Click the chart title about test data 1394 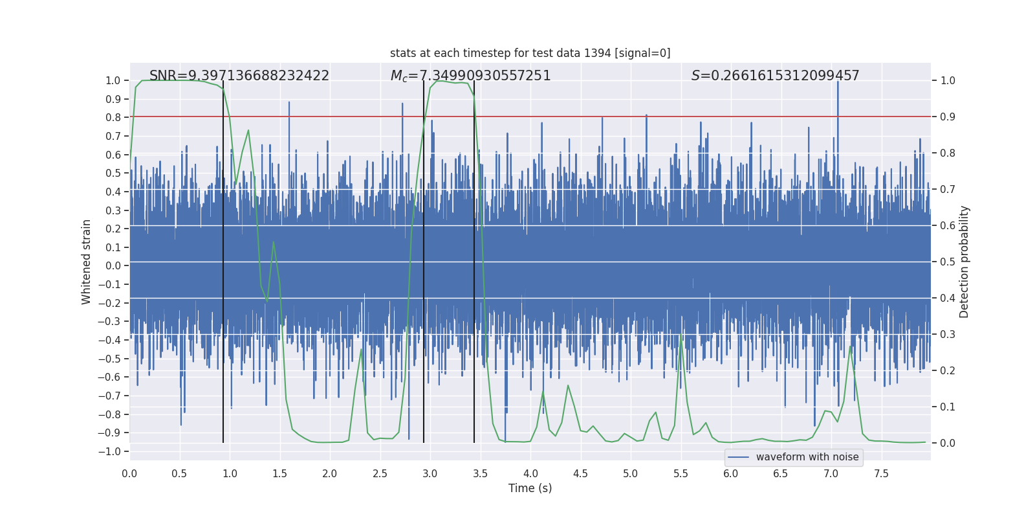[x=530, y=53]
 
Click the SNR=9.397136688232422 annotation [x=239, y=76]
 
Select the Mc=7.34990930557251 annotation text [x=470, y=76]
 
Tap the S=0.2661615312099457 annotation [x=775, y=76]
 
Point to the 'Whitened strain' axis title [x=87, y=262]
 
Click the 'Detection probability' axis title [x=964, y=262]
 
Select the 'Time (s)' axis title [x=530, y=488]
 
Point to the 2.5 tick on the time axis [x=380, y=473]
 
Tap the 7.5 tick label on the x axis [x=881, y=473]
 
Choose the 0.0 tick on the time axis [x=129, y=473]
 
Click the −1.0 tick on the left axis [x=113, y=451]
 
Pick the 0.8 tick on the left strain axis [x=113, y=117]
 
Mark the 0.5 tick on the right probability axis [x=948, y=262]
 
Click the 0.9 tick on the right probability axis [x=948, y=117]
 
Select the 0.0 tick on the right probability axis [x=948, y=444]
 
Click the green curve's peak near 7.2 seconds [x=851, y=346]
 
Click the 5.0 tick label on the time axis [x=630, y=473]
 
